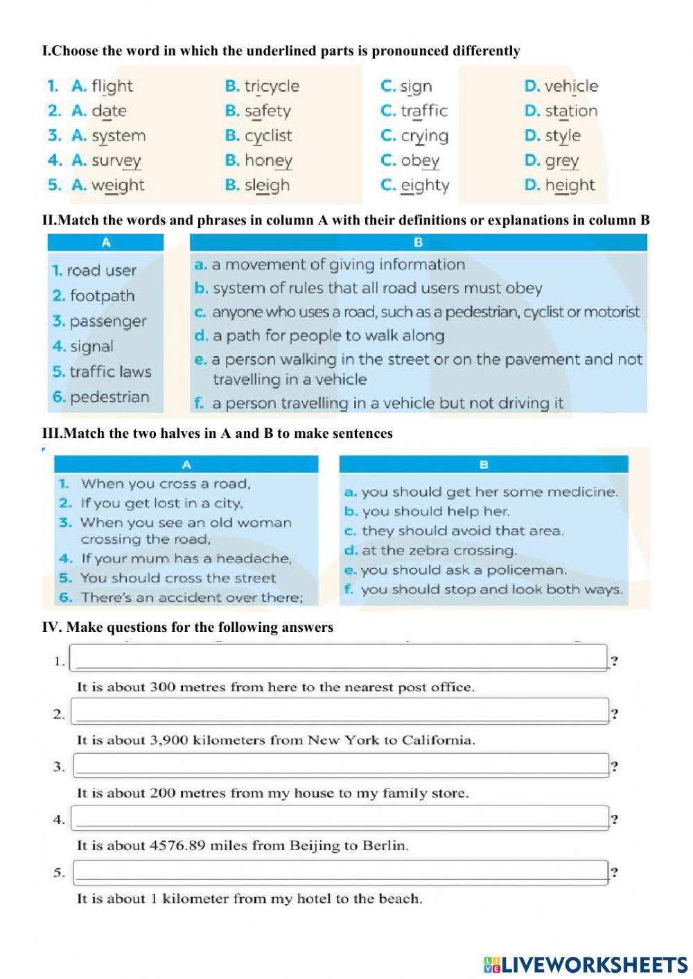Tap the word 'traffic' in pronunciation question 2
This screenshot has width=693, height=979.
pos(423,111)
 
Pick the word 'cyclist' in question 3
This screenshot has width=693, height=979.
pos(267,136)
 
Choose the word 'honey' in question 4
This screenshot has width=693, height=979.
pos(267,161)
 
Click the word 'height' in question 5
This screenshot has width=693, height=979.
pos(569,186)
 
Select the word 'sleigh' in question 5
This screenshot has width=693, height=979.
pos(267,186)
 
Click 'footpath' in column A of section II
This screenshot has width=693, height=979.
pos(102,296)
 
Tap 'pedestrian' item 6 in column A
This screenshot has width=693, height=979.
pos(109,397)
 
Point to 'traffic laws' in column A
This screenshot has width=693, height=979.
pos(109,372)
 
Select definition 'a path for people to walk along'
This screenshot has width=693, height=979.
pos(328,336)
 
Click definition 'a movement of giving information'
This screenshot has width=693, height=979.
pos(338,265)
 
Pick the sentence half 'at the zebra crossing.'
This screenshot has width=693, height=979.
pos(439,551)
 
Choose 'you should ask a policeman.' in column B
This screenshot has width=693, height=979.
pos(463,570)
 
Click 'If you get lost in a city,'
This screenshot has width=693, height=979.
pos(161,504)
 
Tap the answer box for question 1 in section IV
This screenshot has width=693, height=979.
pos(340,658)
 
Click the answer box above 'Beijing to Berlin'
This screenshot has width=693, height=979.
pos(340,818)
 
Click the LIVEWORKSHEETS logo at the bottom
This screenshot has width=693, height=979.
pos(585,964)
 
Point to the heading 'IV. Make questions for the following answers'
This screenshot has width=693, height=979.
pos(188,628)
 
